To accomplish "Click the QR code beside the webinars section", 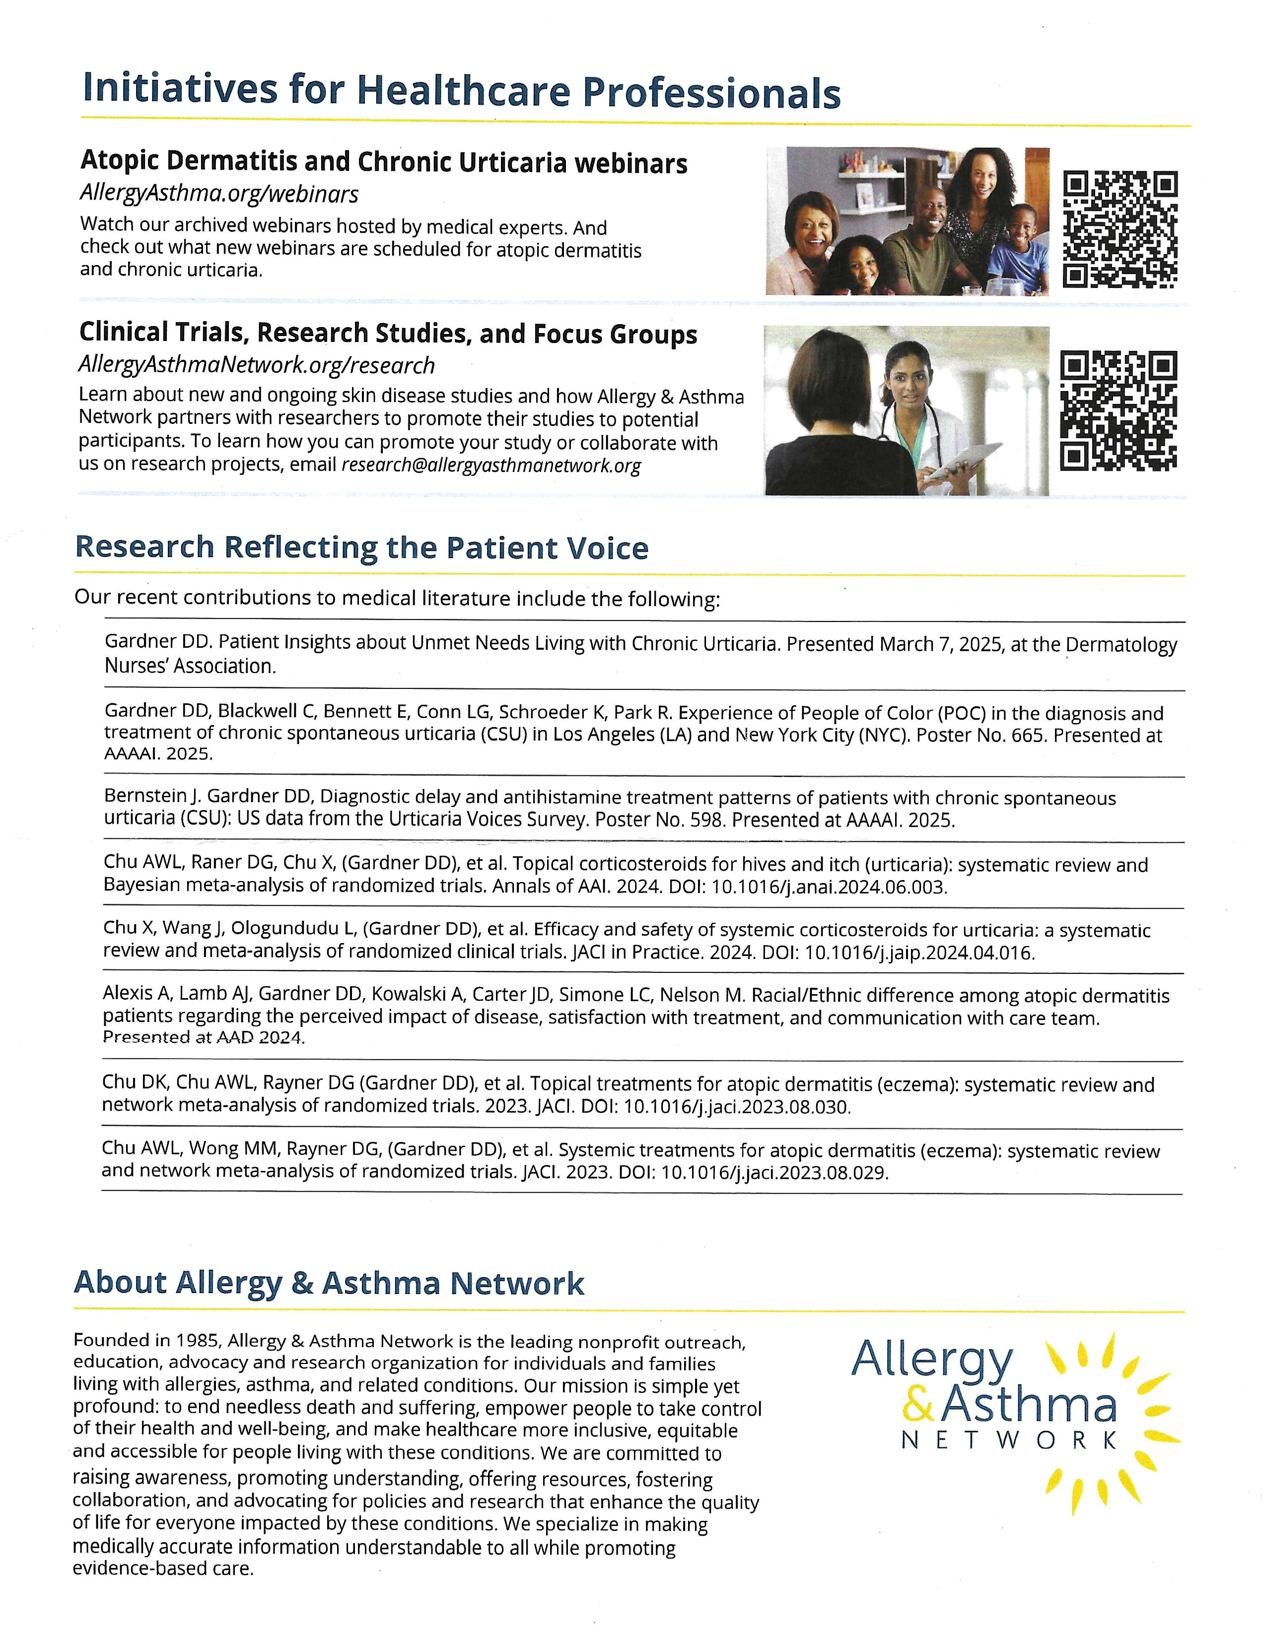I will (1120, 229).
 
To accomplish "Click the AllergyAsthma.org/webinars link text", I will (219, 194).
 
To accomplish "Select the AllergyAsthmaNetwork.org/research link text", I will (256, 365).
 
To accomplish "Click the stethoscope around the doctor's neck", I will (929, 427).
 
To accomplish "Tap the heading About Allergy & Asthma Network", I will (328, 1283).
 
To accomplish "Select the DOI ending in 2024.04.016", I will (898, 954).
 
